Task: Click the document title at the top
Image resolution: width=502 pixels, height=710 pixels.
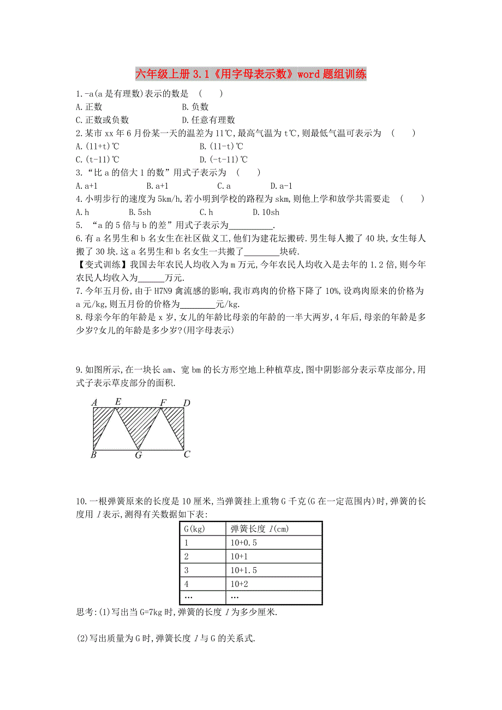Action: [x=250, y=74]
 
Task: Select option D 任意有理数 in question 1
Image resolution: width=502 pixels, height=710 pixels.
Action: [x=208, y=120]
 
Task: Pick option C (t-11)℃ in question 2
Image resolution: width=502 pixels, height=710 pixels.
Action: [x=98, y=159]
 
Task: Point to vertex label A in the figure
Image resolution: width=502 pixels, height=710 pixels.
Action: [x=94, y=403]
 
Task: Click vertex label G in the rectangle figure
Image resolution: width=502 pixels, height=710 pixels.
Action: [x=139, y=455]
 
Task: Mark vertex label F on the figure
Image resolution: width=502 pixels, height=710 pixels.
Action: [x=163, y=403]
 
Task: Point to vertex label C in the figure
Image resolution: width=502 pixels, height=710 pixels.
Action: [x=187, y=454]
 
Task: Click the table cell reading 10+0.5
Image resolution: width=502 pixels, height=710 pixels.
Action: [x=273, y=543]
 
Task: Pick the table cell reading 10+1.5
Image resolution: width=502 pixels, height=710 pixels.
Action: [x=273, y=570]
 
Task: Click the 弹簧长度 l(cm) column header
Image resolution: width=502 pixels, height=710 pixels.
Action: [x=273, y=528]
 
